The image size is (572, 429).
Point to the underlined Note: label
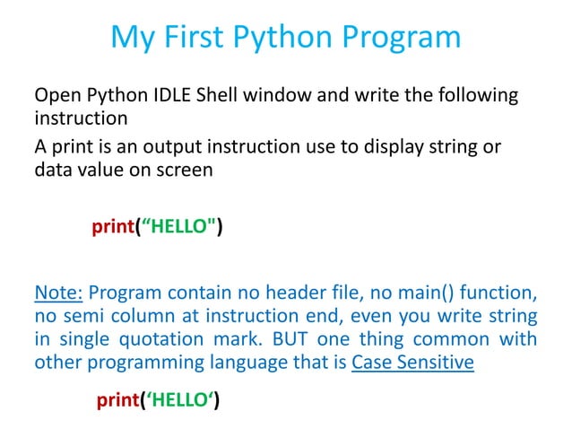click(58, 293)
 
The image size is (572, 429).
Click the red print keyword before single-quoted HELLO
click(117, 399)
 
